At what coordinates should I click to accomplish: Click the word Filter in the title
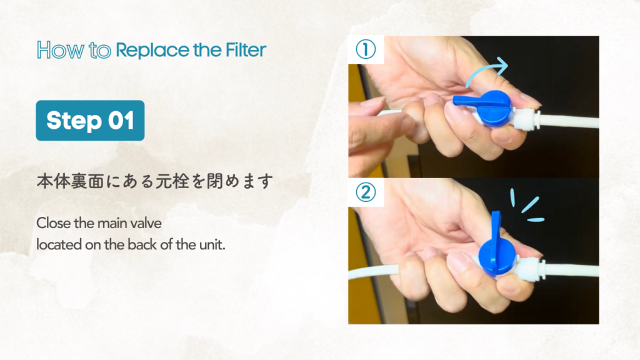pyautogui.click(x=246, y=50)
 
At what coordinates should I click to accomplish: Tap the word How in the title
pyautogui.click(x=61, y=50)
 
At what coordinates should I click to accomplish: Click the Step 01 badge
pyautogui.click(x=90, y=121)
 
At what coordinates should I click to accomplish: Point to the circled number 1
pyautogui.click(x=366, y=49)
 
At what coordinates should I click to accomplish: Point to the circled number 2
pyautogui.click(x=366, y=192)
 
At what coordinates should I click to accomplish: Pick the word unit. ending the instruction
pyautogui.click(x=212, y=244)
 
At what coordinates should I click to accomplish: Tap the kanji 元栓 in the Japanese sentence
pyautogui.click(x=172, y=181)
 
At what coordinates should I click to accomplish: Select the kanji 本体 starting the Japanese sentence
pyautogui.click(x=53, y=181)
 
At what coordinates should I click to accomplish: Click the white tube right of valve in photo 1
pyautogui.click(x=569, y=122)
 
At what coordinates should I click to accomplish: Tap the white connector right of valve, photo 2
pyautogui.click(x=529, y=267)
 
